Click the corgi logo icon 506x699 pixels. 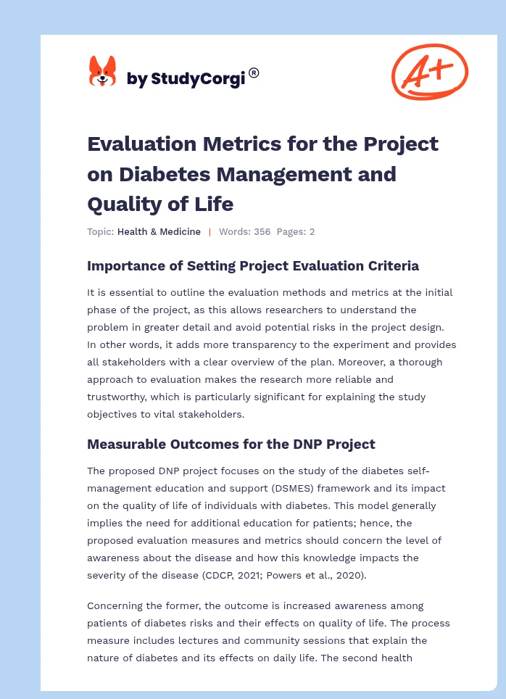tap(102, 72)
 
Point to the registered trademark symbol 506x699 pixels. tap(254, 73)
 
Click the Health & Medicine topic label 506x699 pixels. tap(159, 232)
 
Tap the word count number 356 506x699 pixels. tap(262, 232)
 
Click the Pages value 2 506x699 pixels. tap(312, 232)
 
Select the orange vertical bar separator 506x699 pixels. tap(210, 232)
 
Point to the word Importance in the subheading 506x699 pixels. tap(125, 266)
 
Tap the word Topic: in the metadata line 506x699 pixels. tap(100, 232)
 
